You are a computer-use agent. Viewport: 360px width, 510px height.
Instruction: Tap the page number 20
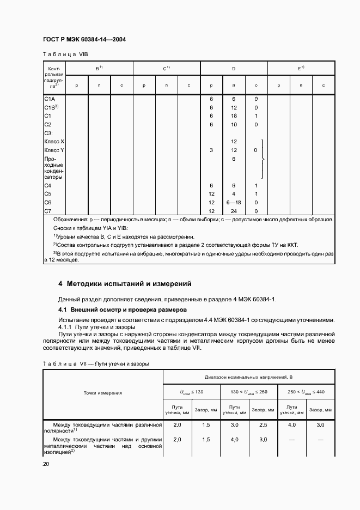[x=46, y=464]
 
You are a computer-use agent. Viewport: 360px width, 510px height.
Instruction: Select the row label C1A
[x=49, y=99]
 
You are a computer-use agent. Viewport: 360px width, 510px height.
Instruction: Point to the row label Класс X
[x=54, y=141]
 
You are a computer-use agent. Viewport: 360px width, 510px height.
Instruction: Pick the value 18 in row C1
[x=234, y=116]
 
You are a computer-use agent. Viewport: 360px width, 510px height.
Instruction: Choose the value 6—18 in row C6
[x=234, y=203]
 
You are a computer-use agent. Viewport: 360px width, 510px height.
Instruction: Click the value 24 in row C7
[x=234, y=211]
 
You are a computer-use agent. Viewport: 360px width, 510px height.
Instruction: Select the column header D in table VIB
[x=234, y=69]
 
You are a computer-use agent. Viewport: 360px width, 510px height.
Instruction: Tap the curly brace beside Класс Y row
[x=264, y=159]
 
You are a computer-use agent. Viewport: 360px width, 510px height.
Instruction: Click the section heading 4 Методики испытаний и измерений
[x=125, y=284]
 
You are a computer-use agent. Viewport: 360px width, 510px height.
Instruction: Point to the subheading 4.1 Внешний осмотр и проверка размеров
[x=115, y=309]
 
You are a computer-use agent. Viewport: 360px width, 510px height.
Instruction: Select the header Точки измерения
[x=103, y=392]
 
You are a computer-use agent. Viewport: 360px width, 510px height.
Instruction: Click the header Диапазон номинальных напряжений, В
[x=249, y=377]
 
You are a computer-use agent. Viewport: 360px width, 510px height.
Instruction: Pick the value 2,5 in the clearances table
[x=263, y=424]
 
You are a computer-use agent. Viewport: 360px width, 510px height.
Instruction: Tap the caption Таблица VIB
[x=65, y=54]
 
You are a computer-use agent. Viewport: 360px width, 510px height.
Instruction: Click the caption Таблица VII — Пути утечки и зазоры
[x=96, y=363]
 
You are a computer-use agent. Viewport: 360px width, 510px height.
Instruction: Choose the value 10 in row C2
[x=234, y=124]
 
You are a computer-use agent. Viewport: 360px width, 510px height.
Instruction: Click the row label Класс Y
[x=54, y=150]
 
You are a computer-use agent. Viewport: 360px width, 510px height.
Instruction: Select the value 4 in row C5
[x=234, y=194]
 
